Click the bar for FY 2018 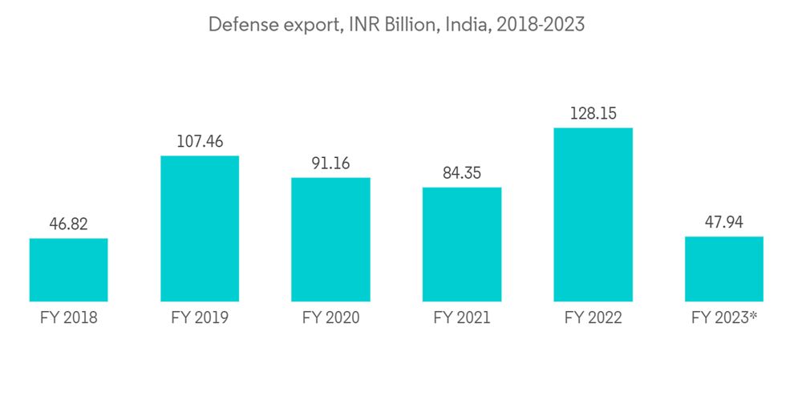click(68, 269)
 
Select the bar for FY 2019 click(200, 228)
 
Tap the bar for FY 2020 click(330, 240)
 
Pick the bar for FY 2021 click(462, 244)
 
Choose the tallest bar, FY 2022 click(593, 215)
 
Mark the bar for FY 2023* click(724, 269)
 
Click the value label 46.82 click(68, 224)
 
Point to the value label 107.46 click(200, 142)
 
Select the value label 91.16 click(330, 164)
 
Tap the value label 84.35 click(462, 173)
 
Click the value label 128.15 click(593, 114)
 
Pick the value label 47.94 click(724, 222)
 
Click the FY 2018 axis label click(68, 318)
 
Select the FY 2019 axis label click(200, 318)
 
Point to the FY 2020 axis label click(330, 318)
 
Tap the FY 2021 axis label click(462, 318)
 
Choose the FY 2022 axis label click(593, 318)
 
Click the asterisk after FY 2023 click(754, 315)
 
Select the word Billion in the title click(409, 25)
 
